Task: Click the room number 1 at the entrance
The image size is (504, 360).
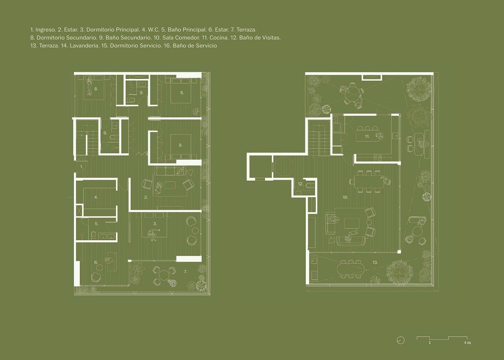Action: (x=81, y=167)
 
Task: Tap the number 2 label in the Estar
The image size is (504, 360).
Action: (x=146, y=197)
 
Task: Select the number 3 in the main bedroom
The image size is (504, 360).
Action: (x=155, y=223)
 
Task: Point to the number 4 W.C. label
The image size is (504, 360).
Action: (x=96, y=197)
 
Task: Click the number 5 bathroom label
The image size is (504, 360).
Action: (x=97, y=223)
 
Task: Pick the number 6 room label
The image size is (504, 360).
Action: (x=96, y=263)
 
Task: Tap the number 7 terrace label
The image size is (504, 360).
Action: (x=185, y=271)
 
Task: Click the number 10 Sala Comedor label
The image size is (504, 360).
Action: (x=345, y=197)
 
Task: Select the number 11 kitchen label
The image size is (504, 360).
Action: (x=367, y=137)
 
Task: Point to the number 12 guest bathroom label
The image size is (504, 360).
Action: (x=300, y=184)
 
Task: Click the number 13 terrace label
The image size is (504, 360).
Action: (x=375, y=263)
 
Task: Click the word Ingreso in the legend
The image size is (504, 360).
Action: (x=46, y=30)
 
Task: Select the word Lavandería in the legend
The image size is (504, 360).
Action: (x=84, y=46)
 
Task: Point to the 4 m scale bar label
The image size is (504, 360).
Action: (x=467, y=349)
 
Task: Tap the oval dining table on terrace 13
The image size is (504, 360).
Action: (x=351, y=269)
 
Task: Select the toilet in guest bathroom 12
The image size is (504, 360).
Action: (x=311, y=185)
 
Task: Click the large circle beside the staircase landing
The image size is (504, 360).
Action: (x=283, y=167)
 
